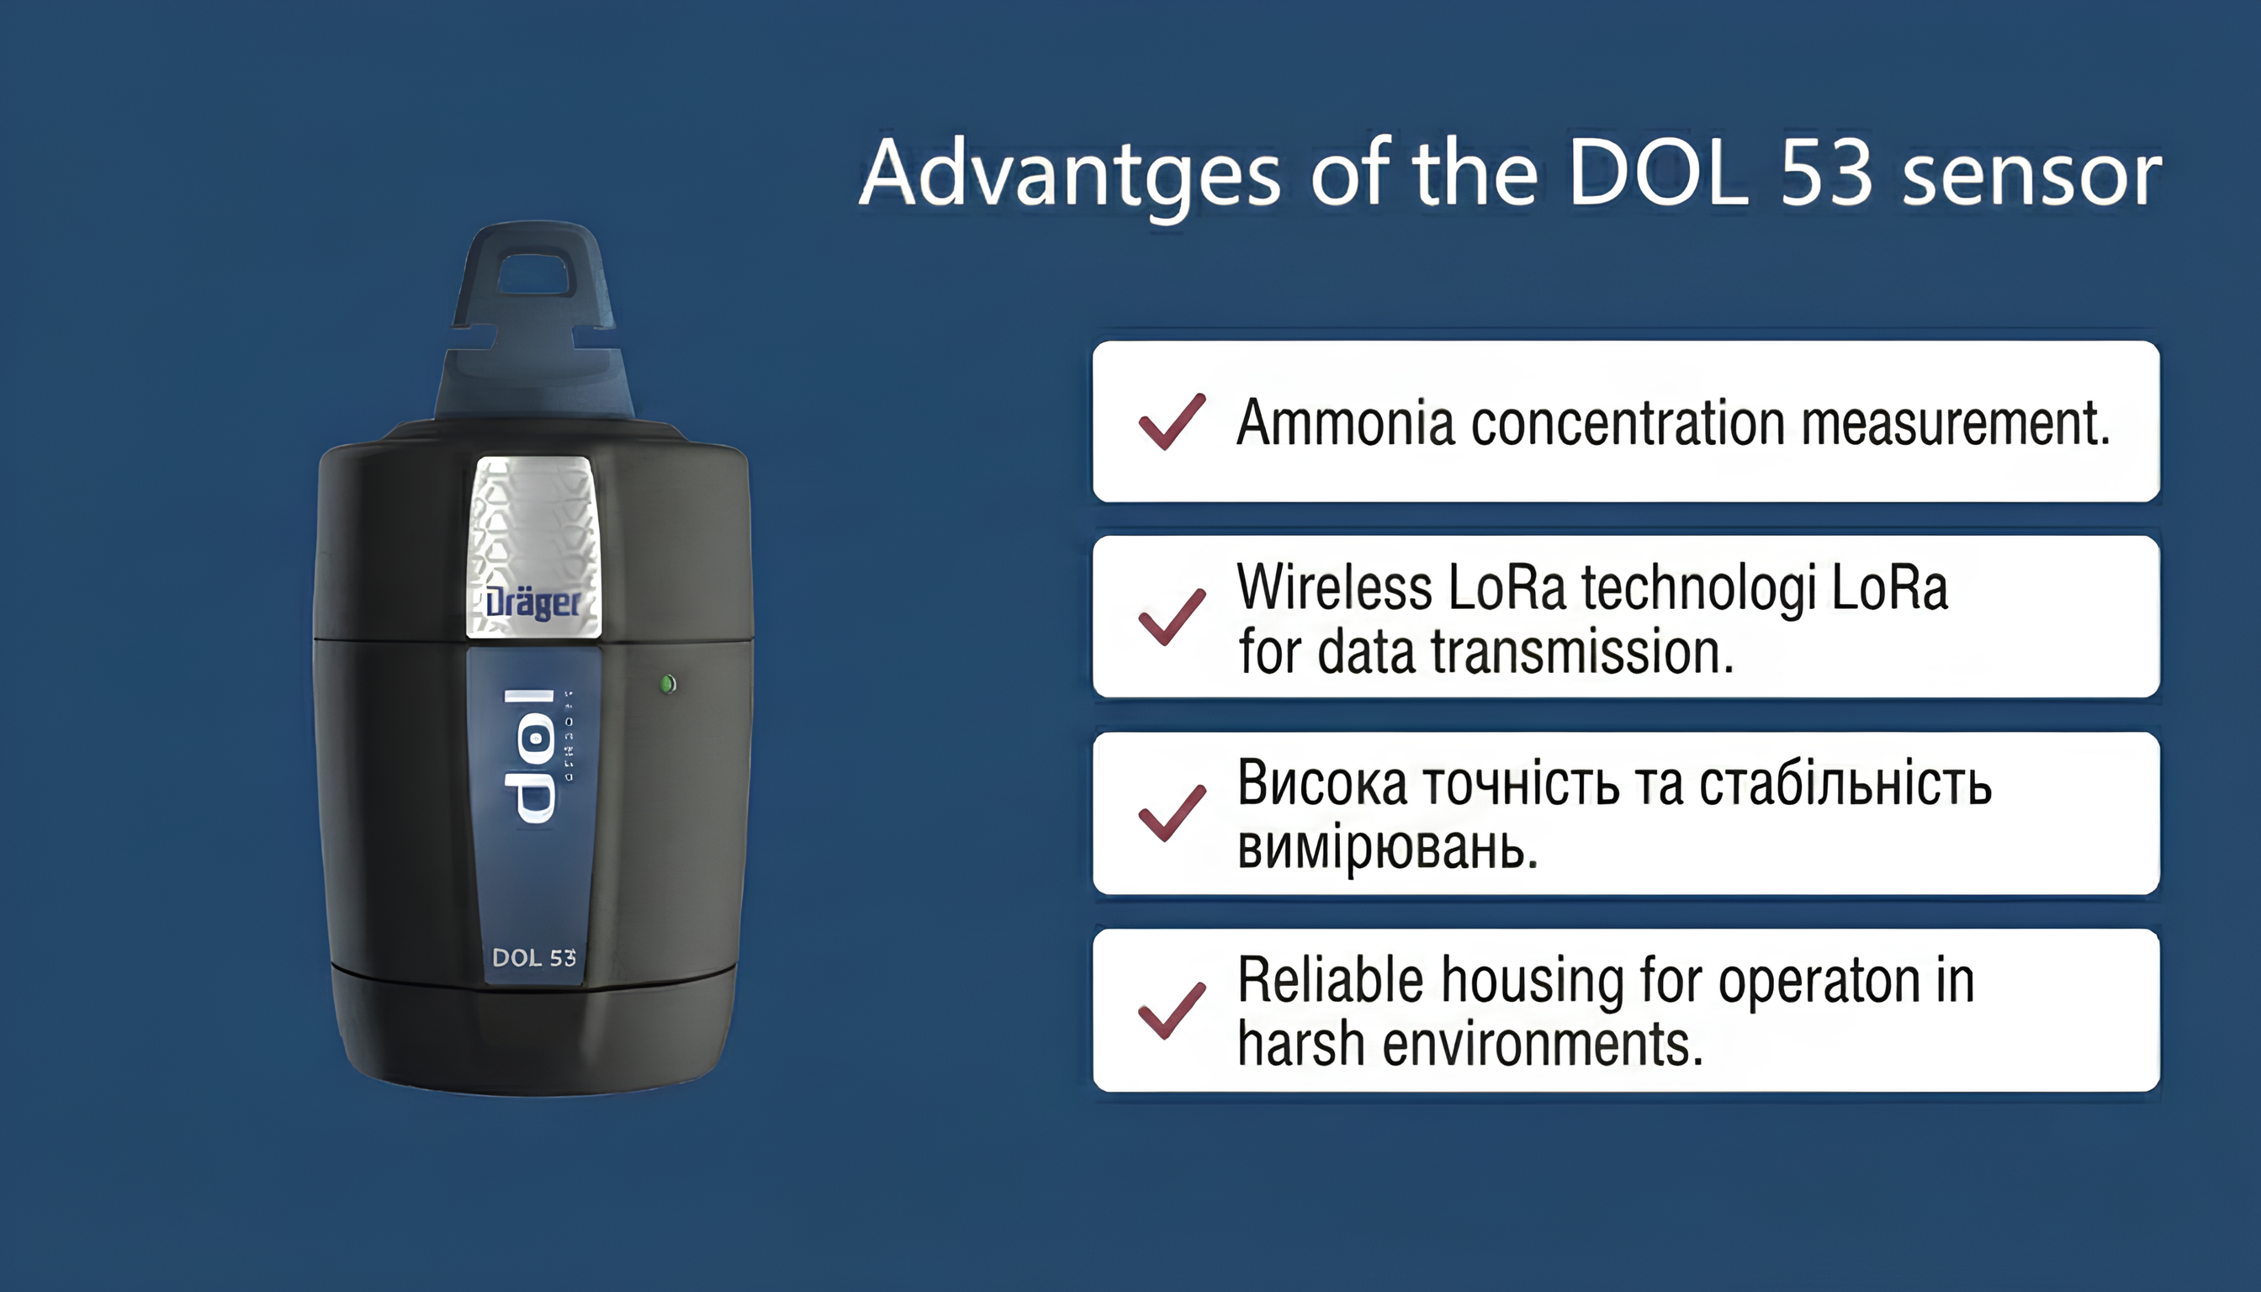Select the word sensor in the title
pyautogui.click(x=2032, y=176)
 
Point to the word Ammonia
pyautogui.click(x=1345, y=422)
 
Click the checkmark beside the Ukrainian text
pyautogui.click(x=1172, y=813)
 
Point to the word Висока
pyautogui.click(x=1322, y=784)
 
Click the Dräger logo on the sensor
pyautogui.click(x=533, y=603)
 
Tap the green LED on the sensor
pyautogui.click(x=668, y=683)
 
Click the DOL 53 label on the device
pyautogui.click(x=533, y=957)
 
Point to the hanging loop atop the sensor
pyautogui.click(x=533, y=275)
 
